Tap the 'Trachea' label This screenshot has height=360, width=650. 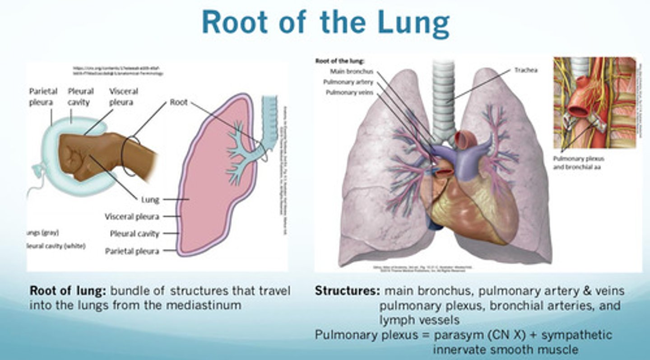(526, 70)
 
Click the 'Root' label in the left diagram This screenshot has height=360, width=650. (179, 102)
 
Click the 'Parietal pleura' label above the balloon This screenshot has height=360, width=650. (41, 97)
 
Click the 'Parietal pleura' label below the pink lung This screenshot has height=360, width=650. (132, 251)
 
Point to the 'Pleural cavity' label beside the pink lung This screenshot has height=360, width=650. (135, 234)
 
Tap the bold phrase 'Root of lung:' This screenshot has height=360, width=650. (68, 291)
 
